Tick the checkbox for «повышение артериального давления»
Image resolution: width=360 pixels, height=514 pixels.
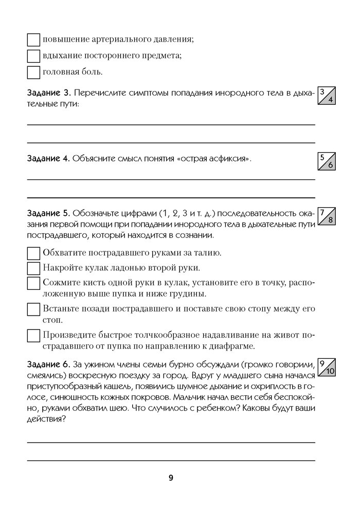pos(33,40)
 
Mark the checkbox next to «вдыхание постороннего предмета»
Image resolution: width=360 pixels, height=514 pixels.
pos(33,56)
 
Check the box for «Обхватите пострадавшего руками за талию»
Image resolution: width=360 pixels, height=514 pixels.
pos(33,253)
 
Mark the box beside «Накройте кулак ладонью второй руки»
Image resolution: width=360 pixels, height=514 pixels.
pos(33,268)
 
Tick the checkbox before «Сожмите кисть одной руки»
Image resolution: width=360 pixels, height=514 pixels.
pos(33,284)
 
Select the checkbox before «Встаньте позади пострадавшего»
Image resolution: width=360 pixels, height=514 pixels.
pos(33,309)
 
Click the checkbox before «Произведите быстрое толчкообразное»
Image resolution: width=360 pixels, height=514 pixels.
pos(33,335)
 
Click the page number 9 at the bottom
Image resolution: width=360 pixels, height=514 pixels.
pos(171,478)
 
